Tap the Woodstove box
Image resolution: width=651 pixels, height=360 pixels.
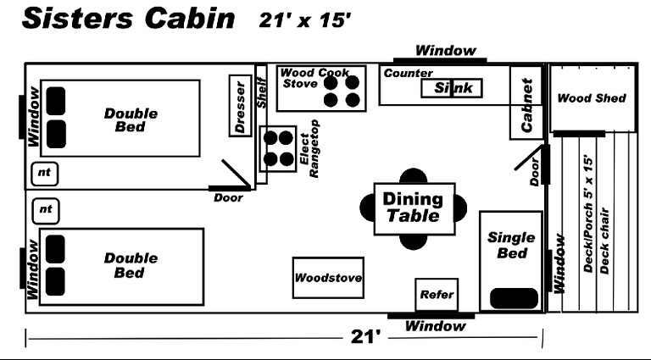pos(328,278)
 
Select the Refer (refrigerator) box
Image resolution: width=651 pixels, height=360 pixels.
pos(437,296)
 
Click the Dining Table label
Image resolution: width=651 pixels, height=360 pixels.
pos(414,208)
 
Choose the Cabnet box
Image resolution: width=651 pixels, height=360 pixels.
pos(526,102)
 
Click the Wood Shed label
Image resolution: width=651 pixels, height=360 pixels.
pos(591,98)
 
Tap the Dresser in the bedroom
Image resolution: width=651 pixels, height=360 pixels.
pos(241,106)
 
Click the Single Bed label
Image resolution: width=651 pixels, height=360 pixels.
pos(511,244)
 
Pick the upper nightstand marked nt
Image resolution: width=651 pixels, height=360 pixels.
pos(45,174)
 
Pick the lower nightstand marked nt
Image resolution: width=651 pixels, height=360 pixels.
pos(45,208)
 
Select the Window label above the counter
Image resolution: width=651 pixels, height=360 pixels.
pos(446,51)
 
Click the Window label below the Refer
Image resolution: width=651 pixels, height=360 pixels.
pos(435,326)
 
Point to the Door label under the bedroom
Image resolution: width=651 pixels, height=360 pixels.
pos(228,197)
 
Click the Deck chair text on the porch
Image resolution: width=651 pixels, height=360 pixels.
pos(605,240)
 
